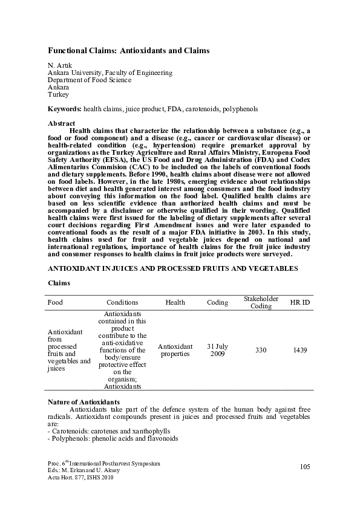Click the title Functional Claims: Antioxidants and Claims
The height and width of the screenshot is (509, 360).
(x=129, y=51)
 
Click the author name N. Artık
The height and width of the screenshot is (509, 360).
(x=59, y=65)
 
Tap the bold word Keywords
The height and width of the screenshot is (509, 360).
(x=64, y=109)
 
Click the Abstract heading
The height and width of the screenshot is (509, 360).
(x=61, y=123)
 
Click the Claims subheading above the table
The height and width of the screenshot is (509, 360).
(x=59, y=282)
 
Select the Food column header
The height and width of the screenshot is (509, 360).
(x=55, y=302)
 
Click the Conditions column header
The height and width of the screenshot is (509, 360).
(x=122, y=302)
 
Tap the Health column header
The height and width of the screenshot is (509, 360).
(x=175, y=302)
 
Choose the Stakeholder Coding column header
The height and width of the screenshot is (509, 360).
(x=261, y=302)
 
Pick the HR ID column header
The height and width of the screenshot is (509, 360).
(x=300, y=302)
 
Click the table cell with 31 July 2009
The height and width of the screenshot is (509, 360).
(x=217, y=350)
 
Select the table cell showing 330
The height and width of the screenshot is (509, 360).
(x=261, y=350)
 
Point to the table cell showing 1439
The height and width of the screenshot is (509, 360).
(x=300, y=350)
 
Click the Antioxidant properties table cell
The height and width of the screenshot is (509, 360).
(x=175, y=350)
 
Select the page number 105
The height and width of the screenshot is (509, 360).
(x=304, y=466)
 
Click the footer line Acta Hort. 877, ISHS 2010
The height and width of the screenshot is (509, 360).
(x=80, y=477)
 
